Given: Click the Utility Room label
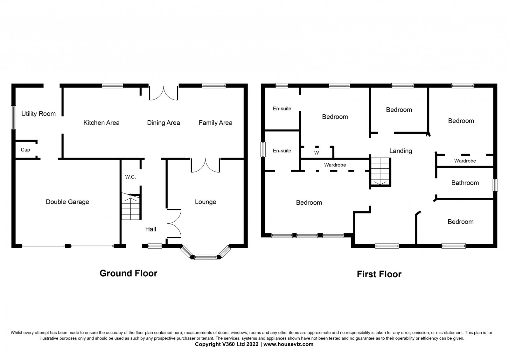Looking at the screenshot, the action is [x=38, y=114].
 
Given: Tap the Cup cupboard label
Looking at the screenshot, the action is [x=25, y=150].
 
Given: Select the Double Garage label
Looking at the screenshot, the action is [x=67, y=202].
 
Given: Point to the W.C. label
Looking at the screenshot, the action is [x=130, y=177].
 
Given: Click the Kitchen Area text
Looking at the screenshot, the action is [x=101, y=123].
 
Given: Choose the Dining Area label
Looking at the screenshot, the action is [x=164, y=123].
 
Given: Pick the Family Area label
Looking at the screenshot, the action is [x=215, y=123].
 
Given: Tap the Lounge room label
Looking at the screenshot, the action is [x=206, y=202].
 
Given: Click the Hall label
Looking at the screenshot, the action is [x=151, y=229].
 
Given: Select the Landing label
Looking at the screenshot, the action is [x=401, y=151].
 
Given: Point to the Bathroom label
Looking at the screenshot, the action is [x=465, y=183].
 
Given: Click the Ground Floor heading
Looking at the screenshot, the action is [x=129, y=273].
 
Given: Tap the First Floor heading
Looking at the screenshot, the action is [x=379, y=274].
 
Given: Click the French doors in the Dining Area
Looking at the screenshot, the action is [x=164, y=93].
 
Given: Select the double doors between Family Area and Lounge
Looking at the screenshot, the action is [x=206, y=166].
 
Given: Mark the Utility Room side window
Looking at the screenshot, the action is [x=14, y=117].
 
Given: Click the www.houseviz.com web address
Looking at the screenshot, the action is [x=288, y=344].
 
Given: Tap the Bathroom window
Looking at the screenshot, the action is [x=495, y=185].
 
